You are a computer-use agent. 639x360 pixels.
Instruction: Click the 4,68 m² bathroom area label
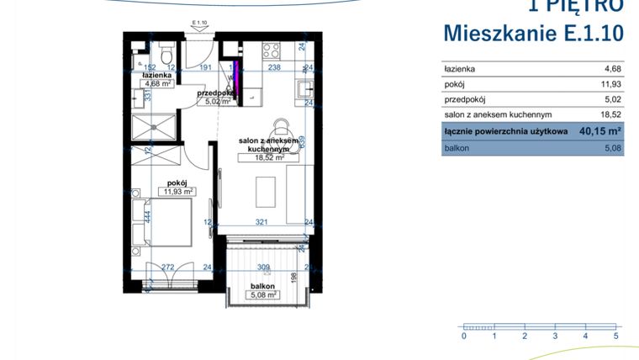tap(156, 83)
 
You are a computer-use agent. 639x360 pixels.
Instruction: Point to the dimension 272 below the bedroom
tap(167, 267)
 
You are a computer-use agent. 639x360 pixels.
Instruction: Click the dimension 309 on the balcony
tap(263, 267)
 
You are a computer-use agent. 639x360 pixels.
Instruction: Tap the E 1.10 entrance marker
tap(199, 23)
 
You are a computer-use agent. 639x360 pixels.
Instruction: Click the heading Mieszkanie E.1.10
tap(533, 33)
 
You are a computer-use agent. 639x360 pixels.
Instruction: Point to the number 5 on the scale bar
tap(616, 336)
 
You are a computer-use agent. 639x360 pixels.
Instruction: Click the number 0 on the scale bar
tap(463, 336)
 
